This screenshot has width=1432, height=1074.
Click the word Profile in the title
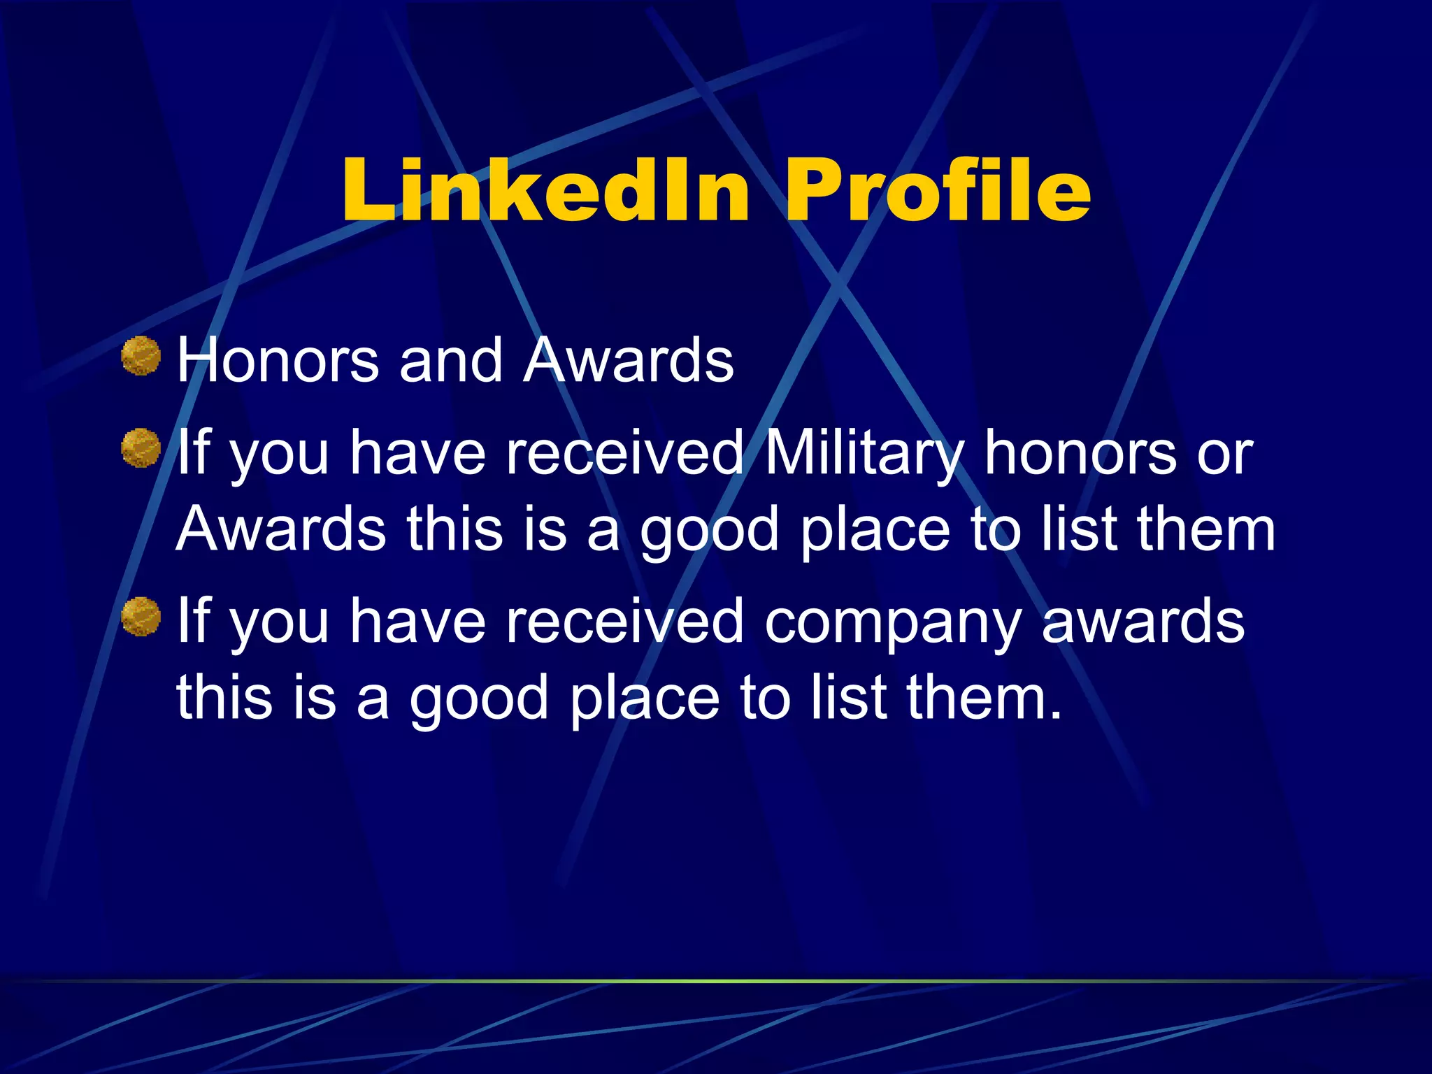937,190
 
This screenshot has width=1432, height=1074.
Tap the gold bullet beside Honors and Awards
141,356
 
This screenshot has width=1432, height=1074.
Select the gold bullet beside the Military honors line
141,448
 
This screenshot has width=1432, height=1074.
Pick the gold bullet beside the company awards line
141,617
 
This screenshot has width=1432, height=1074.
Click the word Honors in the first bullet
278,361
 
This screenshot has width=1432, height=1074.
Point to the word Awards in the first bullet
629,361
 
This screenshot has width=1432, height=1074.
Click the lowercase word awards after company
1143,622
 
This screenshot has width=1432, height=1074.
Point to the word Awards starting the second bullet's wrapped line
281,529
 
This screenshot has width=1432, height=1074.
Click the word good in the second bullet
709,531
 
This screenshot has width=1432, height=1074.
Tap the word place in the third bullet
644,699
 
